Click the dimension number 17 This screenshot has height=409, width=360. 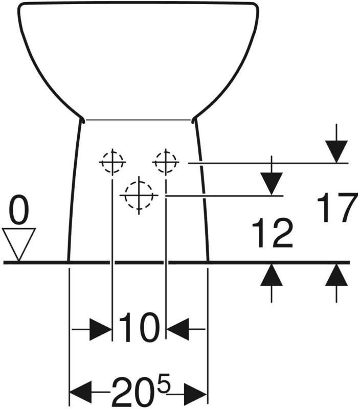(x=337, y=208)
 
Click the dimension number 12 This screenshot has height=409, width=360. (x=272, y=233)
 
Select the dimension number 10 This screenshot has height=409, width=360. (x=139, y=327)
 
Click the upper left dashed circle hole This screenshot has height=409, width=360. (x=112, y=162)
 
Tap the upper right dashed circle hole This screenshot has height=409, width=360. (x=166, y=162)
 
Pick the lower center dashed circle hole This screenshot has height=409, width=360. (x=139, y=195)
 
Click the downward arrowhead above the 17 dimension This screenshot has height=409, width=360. (x=336, y=151)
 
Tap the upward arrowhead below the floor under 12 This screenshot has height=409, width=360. (x=272, y=275)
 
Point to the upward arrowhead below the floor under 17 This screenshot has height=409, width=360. (x=336, y=275)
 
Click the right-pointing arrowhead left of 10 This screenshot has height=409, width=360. (x=101, y=329)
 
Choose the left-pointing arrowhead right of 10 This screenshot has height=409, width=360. (x=178, y=329)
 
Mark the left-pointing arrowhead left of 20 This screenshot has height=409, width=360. (x=81, y=392)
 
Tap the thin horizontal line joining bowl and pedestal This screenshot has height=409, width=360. (x=138, y=120)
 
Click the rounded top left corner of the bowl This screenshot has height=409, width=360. (x=20, y=7)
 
